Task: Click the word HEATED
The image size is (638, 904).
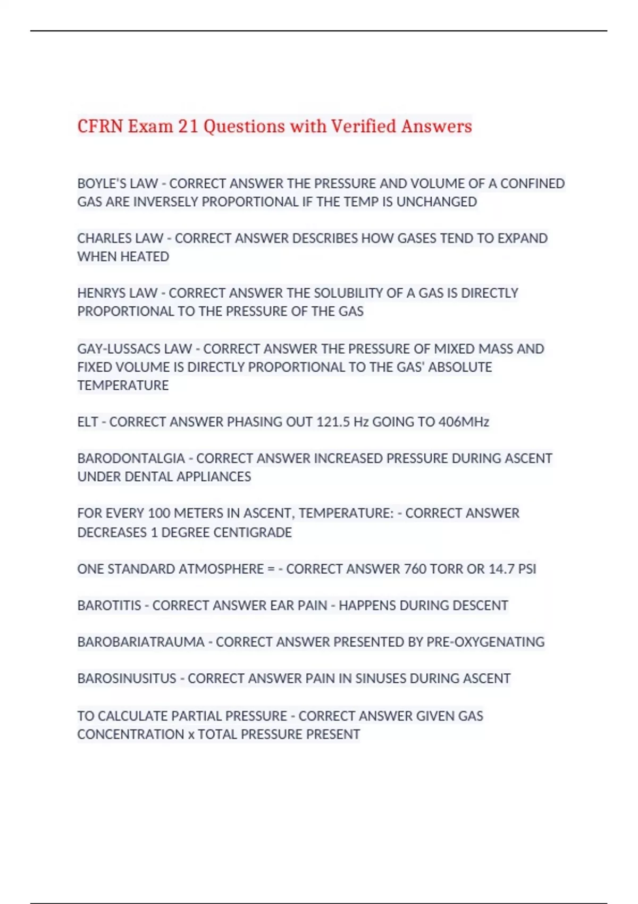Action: point(145,257)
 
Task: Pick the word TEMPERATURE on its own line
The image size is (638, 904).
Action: point(123,386)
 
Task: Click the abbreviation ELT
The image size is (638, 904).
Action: point(87,422)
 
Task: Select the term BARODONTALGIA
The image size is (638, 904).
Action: point(131,458)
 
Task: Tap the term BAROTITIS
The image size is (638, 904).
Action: point(109,606)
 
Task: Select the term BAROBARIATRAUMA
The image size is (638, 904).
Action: point(141,642)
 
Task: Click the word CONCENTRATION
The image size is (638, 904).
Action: point(131,734)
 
